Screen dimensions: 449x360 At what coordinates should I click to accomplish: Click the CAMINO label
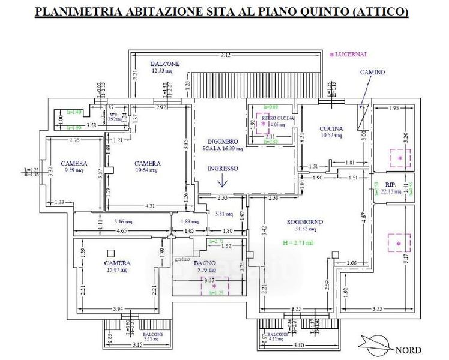click(372, 72)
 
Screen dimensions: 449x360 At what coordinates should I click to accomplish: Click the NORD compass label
click(408, 350)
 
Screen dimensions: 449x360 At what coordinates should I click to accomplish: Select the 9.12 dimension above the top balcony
click(226, 55)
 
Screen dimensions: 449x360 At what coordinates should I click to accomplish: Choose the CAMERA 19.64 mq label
click(147, 163)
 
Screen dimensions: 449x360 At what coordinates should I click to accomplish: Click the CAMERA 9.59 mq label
click(74, 163)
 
